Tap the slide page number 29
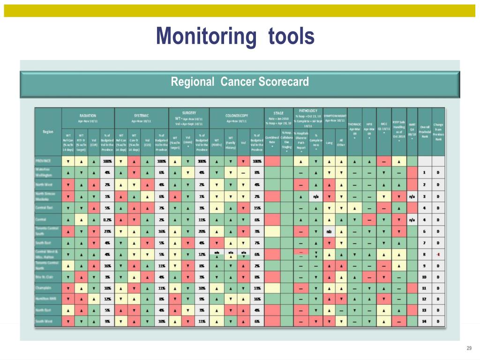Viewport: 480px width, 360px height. click(468, 347)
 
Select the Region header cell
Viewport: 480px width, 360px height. click(48, 132)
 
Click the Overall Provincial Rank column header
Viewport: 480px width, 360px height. click(425, 132)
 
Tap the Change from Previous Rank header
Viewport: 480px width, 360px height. click(438, 132)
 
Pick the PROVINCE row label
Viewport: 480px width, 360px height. click(45, 161)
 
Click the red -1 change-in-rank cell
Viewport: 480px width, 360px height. click(438, 254)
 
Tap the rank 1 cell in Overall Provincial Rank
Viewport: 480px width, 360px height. click(425, 172)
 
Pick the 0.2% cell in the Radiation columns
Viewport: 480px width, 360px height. click(107, 219)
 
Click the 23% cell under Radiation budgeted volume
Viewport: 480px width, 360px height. click(107, 231)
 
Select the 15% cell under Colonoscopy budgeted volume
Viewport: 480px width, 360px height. click(257, 208)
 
